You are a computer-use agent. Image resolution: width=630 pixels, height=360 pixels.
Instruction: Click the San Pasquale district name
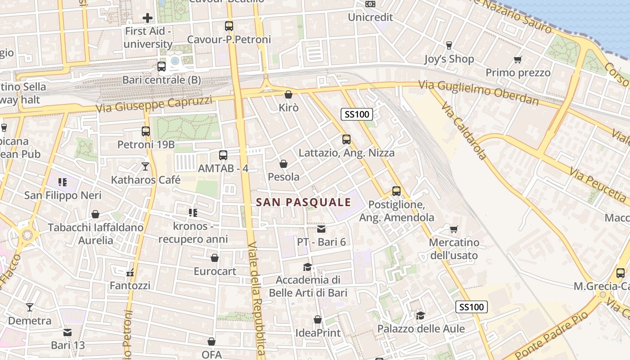(303, 202)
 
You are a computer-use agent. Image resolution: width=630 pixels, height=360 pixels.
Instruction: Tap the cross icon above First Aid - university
(148, 18)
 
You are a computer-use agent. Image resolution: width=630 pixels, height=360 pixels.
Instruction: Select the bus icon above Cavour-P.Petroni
(229, 26)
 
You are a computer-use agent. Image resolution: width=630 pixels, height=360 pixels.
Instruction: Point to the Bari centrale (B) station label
(162, 80)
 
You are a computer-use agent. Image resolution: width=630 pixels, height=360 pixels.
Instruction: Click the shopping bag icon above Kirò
(288, 94)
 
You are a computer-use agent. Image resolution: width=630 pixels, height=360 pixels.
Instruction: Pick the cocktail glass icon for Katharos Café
(145, 166)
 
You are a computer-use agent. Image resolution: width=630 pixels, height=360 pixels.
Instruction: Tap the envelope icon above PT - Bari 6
(321, 229)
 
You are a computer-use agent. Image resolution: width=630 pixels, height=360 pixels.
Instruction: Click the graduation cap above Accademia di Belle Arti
(308, 267)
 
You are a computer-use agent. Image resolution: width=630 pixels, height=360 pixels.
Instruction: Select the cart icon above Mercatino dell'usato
(454, 229)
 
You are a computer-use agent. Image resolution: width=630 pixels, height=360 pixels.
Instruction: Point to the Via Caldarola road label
(464, 130)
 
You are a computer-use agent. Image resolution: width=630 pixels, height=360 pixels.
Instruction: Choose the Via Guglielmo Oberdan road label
(478, 92)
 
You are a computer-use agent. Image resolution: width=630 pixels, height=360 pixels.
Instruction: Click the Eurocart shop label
(215, 271)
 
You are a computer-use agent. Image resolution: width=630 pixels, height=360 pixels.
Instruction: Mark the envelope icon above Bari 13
(67, 332)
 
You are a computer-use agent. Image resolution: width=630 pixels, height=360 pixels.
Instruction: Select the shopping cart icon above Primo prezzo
(518, 59)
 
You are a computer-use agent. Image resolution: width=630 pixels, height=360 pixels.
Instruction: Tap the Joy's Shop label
(449, 59)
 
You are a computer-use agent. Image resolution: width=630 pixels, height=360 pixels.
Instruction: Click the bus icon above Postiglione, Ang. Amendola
(396, 191)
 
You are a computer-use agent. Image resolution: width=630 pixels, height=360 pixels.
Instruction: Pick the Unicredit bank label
(370, 17)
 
